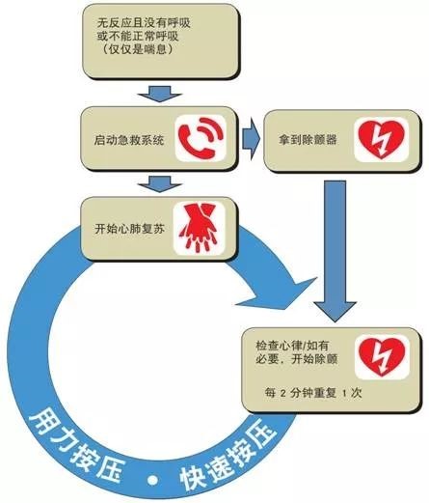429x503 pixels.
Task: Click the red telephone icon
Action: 201,138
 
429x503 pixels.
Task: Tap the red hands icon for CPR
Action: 199,228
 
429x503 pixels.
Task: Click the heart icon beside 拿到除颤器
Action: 381,139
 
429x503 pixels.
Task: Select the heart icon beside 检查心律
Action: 382,356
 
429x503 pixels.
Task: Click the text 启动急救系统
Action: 129,140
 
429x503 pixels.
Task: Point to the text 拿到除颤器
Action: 308,139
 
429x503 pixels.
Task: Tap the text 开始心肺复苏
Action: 129,229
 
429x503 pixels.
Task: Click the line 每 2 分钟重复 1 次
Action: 313,393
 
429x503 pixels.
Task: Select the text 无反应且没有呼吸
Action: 144,23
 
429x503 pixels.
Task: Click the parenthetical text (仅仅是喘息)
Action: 138,49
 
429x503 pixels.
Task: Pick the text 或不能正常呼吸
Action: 138,36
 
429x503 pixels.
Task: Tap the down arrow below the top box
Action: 160,94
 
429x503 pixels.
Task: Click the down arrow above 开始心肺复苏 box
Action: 160,184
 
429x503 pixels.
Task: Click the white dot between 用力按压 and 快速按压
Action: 153,480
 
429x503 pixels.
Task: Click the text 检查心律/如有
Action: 292,346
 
